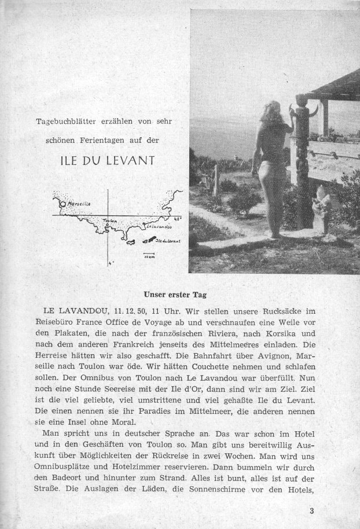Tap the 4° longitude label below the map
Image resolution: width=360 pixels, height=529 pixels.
point(110,263)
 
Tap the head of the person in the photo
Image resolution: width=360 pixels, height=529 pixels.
point(273,110)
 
